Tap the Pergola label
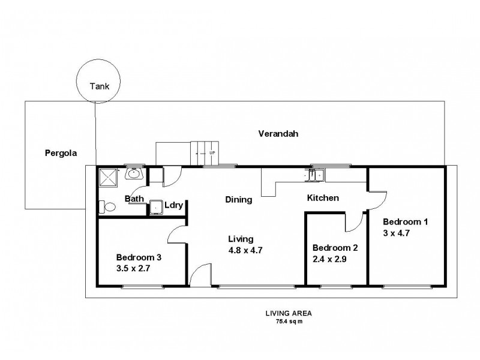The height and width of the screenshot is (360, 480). [61, 152]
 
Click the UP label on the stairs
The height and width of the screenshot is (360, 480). [212, 153]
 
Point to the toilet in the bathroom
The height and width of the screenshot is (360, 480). [107, 207]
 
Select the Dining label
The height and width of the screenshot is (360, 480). [238, 200]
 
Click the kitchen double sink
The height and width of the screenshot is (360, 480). [315, 175]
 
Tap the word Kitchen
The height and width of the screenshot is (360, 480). [323, 198]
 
